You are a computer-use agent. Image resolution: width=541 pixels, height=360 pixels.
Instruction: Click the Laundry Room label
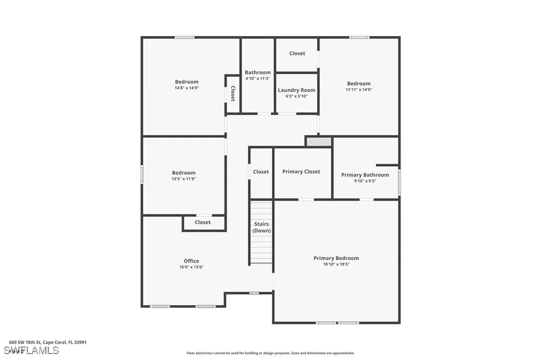point(296,90)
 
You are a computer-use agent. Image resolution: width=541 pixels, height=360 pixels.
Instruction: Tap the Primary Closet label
point(301,172)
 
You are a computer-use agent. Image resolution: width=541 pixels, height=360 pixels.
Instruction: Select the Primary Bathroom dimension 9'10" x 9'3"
point(365,181)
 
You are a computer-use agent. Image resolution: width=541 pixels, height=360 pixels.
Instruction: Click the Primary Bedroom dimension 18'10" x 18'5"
point(336,264)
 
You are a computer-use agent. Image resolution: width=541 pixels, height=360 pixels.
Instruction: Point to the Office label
point(191,261)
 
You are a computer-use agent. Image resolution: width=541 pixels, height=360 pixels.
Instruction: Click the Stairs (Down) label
point(262,228)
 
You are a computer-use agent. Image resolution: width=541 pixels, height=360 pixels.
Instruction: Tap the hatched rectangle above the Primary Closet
point(319,141)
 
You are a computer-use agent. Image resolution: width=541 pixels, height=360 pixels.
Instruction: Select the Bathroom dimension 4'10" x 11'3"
point(257,79)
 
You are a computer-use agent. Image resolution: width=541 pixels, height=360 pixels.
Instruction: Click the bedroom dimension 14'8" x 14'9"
point(186,88)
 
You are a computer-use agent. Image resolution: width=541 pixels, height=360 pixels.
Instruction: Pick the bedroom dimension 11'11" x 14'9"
point(359,90)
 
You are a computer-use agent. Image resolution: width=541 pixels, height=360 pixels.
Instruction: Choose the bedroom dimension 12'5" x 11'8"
point(183,179)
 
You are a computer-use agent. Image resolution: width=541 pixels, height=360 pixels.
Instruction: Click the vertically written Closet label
point(232,94)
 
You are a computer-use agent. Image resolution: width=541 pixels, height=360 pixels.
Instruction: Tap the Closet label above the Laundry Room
point(297,53)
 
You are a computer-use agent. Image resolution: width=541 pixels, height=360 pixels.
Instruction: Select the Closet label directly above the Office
point(202,222)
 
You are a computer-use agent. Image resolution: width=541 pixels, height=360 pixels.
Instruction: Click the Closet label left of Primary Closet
point(260,172)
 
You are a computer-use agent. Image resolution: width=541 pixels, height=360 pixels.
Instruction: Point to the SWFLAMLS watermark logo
point(31,350)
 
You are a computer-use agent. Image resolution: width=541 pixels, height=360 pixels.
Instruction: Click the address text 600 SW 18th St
point(26,342)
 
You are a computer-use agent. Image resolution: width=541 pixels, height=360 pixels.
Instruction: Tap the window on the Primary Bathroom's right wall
point(399,182)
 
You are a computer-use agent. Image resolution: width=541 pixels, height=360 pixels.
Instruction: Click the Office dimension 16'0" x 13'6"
point(191,267)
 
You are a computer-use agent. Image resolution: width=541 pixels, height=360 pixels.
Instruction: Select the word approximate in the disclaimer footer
point(341,353)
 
